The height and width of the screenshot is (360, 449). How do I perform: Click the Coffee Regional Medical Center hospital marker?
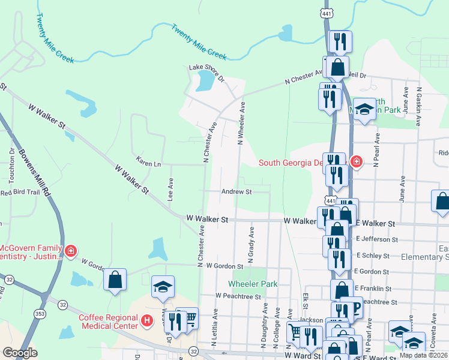146,321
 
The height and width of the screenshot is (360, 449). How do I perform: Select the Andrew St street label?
236,192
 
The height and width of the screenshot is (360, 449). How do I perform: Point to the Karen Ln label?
149,163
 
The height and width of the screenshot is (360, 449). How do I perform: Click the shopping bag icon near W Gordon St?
115,280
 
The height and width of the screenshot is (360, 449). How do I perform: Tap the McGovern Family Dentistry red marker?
71,250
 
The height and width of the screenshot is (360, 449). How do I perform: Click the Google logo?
20,353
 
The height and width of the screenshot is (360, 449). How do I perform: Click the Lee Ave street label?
170,189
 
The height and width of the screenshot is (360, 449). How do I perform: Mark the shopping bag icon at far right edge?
442,202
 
